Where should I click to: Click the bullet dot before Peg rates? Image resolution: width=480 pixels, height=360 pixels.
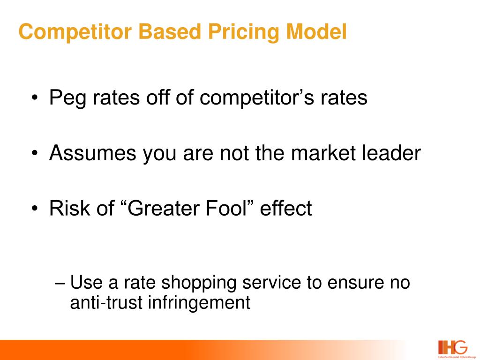point(36,99)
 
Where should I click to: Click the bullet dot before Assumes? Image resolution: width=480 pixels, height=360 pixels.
point(36,154)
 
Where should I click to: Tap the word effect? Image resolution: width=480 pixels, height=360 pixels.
point(286,208)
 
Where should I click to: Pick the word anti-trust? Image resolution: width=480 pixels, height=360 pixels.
point(107,303)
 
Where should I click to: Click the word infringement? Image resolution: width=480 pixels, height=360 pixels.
point(199,303)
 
